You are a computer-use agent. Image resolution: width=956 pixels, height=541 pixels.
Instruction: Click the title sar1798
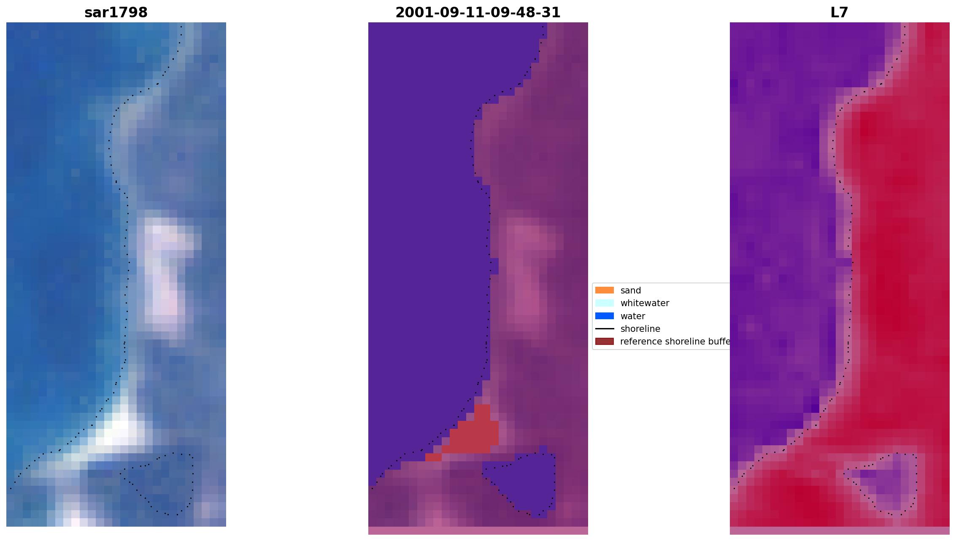click(116, 13)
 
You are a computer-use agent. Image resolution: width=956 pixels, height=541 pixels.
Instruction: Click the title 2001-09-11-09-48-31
click(478, 13)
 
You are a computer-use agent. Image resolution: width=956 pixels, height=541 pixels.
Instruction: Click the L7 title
click(839, 13)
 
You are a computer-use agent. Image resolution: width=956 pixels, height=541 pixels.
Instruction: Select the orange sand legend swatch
click(604, 290)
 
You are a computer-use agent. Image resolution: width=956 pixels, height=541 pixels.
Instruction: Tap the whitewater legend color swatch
click(604, 303)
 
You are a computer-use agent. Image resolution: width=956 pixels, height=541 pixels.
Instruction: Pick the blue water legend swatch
click(604, 316)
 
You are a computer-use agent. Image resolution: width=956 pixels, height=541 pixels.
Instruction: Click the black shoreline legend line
click(604, 328)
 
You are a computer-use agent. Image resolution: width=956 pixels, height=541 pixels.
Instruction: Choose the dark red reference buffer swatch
click(604, 341)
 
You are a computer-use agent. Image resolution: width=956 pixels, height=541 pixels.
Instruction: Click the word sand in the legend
click(630, 291)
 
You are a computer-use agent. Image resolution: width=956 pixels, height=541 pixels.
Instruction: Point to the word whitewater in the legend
click(644, 303)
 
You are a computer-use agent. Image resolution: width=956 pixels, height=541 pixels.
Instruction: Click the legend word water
click(632, 316)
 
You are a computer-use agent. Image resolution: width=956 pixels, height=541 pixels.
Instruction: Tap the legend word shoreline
click(640, 329)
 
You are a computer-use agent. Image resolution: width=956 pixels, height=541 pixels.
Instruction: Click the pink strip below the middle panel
click(478, 530)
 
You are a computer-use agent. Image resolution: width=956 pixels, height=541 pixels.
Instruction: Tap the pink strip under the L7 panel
click(839, 530)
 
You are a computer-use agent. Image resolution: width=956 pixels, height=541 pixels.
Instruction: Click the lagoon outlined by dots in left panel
click(162, 485)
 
